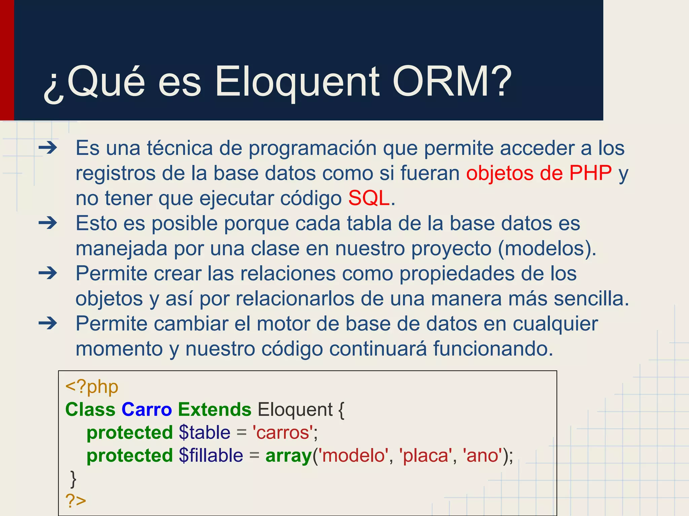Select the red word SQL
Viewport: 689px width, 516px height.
tap(369, 198)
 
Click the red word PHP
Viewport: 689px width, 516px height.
tap(590, 173)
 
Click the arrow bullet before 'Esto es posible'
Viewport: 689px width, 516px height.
tap(48, 223)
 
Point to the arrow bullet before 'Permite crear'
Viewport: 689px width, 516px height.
tap(48, 273)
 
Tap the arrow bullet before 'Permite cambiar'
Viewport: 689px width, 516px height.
tap(48, 324)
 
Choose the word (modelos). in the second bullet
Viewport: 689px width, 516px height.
tap(547, 249)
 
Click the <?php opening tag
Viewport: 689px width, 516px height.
tap(92, 387)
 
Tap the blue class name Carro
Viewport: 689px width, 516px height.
tap(147, 410)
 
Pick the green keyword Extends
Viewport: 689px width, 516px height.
tap(215, 410)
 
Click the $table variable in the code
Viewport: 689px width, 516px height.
tap(205, 432)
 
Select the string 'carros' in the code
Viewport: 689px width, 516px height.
tap(283, 432)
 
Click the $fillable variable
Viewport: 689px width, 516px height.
tap(211, 456)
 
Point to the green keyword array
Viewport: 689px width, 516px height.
tap(289, 456)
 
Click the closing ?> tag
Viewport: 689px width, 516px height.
tap(76, 501)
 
